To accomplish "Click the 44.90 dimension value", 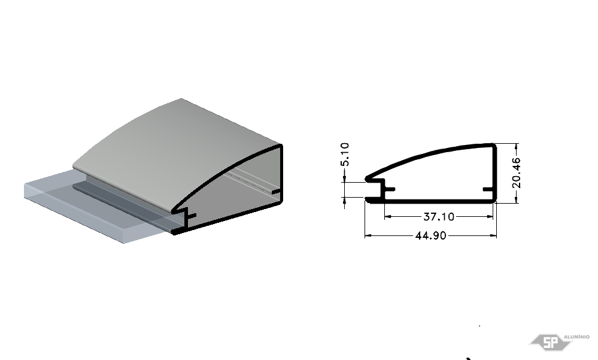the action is [430, 235].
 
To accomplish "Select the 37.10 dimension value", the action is [439, 217].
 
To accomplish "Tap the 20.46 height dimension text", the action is [517, 173].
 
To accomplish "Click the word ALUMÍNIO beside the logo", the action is [576, 337].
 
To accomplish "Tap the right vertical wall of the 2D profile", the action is [494, 172].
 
